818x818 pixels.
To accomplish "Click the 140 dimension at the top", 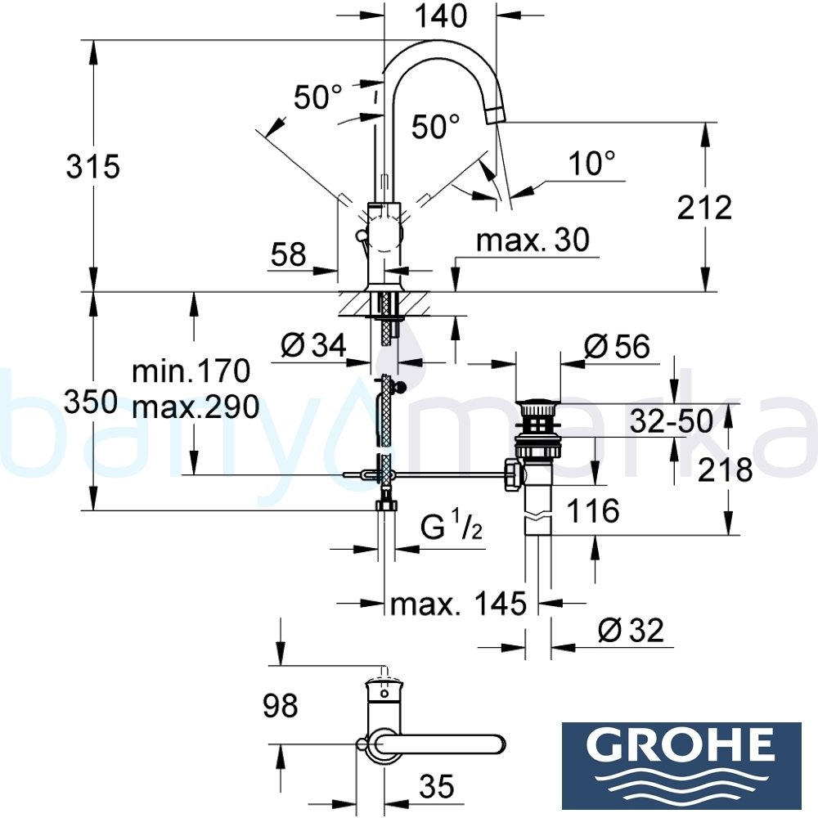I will (441, 16).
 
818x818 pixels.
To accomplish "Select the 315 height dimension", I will (92, 167).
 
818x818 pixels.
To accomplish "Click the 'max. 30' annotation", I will (533, 240).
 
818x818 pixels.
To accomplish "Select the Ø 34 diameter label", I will (312, 348).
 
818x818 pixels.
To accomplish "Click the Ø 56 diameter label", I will (618, 347).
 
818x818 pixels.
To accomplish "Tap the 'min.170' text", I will (191, 372).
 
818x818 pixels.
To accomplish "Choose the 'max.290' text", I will (196, 406).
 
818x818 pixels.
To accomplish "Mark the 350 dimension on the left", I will (92, 403).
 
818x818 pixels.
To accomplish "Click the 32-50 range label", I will (671, 421).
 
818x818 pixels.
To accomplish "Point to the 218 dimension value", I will (725, 470).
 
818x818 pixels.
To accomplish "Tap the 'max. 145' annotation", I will (457, 605).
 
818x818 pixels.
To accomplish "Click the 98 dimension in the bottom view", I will (280, 704).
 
